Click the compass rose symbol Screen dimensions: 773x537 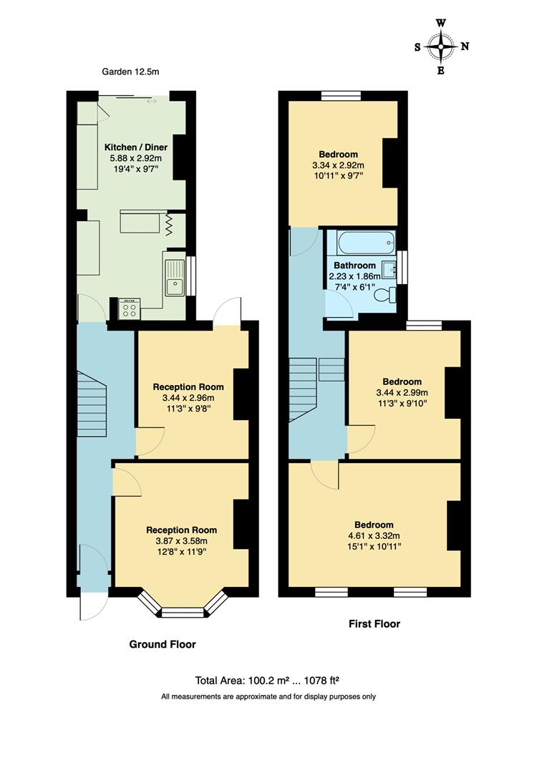pos(440,47)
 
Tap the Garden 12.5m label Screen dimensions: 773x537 pos(131,72)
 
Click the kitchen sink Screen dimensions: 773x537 pos(175,278)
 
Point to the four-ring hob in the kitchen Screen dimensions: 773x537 pos(130,309)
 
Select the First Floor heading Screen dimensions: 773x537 pos(374,623)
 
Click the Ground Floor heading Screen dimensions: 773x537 pos(162,644)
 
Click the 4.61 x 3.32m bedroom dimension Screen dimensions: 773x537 pos(375,535)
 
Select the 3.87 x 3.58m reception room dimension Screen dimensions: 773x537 pos(181,541)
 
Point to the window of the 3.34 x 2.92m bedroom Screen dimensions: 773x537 pos(342,97)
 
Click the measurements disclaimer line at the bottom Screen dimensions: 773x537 pos(268,696)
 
